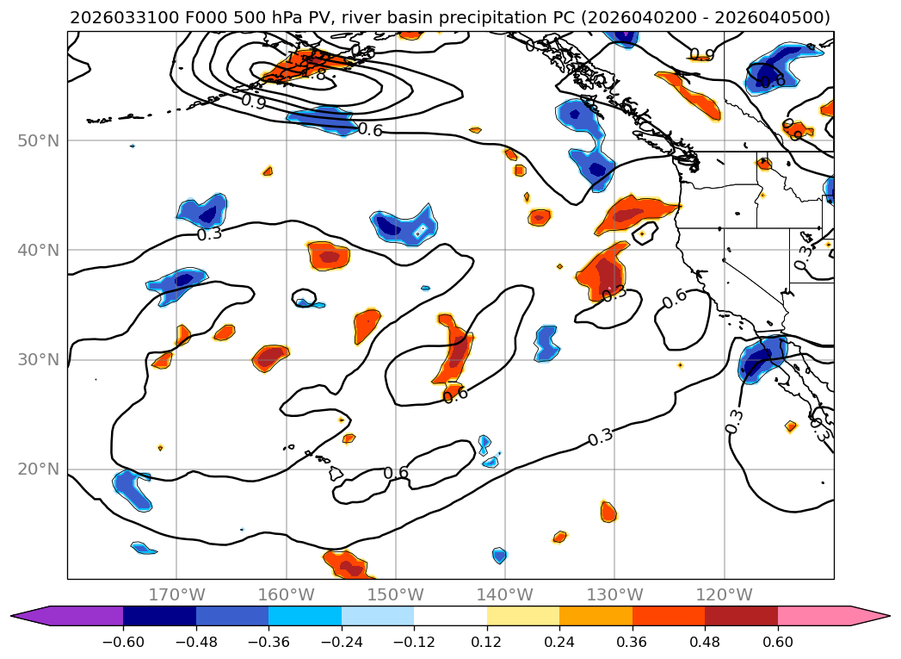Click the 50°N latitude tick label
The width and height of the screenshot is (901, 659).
pos(38,140)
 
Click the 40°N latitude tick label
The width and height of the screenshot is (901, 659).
pos(38,250)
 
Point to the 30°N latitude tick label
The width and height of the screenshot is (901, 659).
pos(38,359)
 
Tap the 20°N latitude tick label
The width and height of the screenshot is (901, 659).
pos(38,469)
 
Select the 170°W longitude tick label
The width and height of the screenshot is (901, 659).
pos(176,594)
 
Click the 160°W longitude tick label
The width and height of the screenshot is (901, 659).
pos(286,594)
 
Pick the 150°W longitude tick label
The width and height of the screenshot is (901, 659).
pos(395,594)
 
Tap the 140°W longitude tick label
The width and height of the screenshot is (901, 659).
pos(504,594)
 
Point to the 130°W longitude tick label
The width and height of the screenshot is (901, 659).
pos(614,594)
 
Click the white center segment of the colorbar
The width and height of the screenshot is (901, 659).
pos(450,615)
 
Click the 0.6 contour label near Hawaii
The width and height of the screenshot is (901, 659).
pos(396,473)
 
